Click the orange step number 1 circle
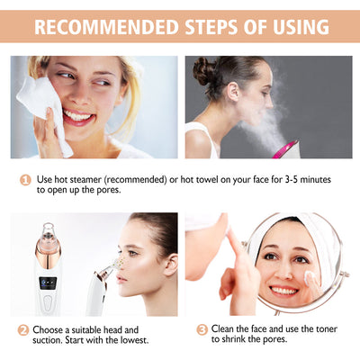click(x=26, y=180)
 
